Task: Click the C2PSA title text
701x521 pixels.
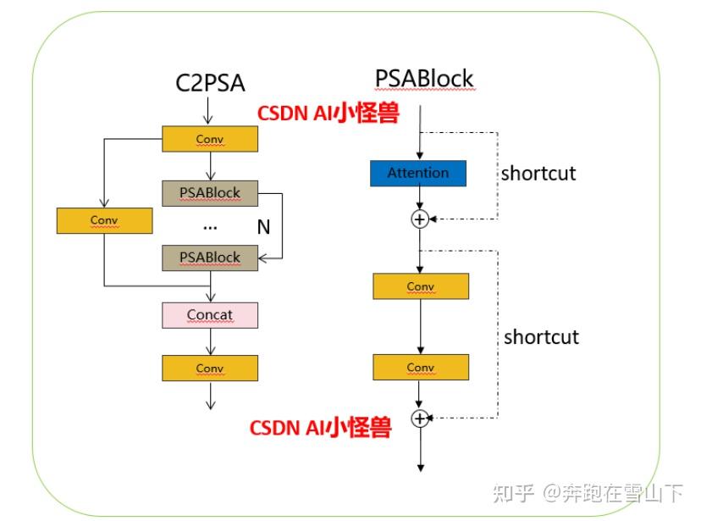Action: [209, 83]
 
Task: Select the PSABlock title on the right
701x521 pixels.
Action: [424, 79]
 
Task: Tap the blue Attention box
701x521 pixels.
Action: [418, 173]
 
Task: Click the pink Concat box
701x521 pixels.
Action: [209, 315]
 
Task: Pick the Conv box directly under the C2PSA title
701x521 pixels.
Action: [209, 139]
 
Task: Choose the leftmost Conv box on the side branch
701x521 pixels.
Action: [104, 220]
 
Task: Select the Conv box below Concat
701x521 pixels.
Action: [209, 368]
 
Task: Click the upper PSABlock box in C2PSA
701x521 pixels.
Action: [209, 193]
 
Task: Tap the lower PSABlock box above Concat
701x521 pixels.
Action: [209, 258]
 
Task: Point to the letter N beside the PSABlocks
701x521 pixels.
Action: [263, 226]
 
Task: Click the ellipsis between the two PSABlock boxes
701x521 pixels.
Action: [210, 227]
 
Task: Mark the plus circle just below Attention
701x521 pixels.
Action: [419, 219]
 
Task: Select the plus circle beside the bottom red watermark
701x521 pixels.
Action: [419, 418]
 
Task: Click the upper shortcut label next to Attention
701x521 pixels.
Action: [538, 174]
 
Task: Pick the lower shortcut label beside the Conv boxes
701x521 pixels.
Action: [541, 337]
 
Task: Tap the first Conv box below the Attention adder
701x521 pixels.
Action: [420, 286]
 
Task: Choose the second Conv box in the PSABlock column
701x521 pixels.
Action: [420, 367]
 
